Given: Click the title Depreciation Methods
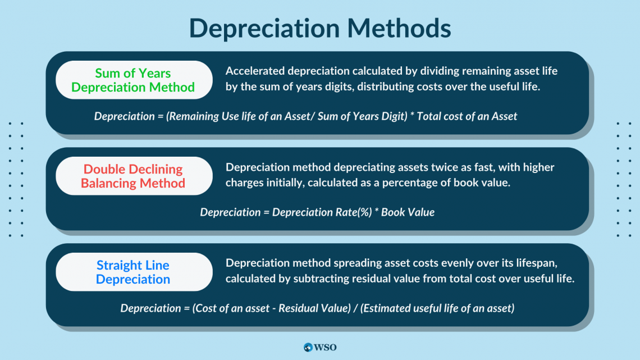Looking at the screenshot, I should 319,28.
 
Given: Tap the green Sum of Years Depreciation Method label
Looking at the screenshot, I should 133,80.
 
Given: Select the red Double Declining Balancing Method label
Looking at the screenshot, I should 133,176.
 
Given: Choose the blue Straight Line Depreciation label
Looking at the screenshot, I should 133,272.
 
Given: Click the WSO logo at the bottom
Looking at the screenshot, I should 319,347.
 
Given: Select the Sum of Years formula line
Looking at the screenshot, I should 305,116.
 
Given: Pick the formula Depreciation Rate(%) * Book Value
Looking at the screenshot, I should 317,212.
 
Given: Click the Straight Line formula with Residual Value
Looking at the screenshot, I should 317,308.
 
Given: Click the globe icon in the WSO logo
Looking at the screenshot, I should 308,347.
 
